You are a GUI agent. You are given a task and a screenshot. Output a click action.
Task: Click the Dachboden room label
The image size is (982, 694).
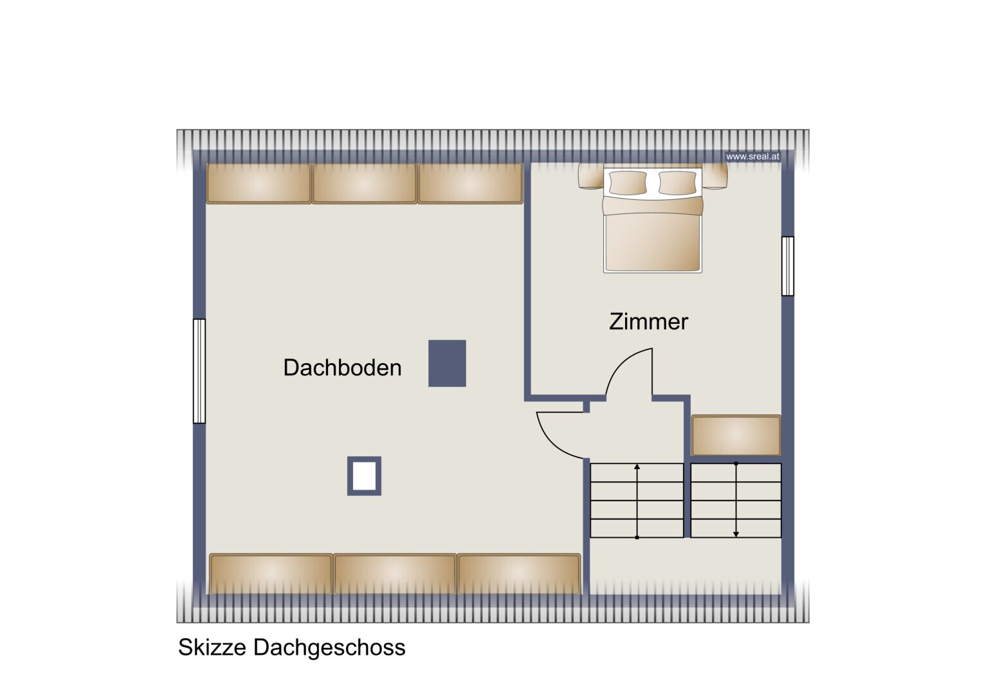coord(342,368)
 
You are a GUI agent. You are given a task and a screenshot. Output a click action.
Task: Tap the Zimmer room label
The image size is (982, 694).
coord(648,321)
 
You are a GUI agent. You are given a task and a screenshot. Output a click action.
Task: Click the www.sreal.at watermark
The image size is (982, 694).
coord(752,156)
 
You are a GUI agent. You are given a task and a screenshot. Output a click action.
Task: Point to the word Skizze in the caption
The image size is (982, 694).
coord(212,648)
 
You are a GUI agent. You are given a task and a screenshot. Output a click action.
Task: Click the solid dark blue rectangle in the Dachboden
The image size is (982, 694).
coord(447,363)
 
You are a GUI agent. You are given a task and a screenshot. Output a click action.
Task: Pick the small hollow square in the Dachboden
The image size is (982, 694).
coord(364,476)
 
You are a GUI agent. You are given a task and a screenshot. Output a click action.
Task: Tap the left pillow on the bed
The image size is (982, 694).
coord(628,182)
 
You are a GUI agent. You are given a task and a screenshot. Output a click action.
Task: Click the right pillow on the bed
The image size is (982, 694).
coord(677,182)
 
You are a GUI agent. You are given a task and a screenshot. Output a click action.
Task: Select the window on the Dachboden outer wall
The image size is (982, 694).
coord(199,371)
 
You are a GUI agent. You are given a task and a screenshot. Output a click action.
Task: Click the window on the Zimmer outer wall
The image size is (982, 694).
coord(788,266)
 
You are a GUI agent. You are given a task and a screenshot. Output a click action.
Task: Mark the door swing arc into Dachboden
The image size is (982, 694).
coord(552,443)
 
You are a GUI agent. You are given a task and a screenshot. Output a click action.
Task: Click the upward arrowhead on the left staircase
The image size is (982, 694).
coord(637,467)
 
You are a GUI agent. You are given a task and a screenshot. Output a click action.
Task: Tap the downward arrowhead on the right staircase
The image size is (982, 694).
coord(736,534)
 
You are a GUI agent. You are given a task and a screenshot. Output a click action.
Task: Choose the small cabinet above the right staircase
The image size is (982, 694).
coord(736,436)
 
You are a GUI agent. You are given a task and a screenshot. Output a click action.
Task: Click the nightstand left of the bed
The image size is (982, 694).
coord(591,176)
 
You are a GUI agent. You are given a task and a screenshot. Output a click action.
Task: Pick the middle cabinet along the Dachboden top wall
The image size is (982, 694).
coord(364,184)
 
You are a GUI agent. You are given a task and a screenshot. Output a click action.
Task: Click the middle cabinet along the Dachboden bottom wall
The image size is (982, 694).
coord(395,574)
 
